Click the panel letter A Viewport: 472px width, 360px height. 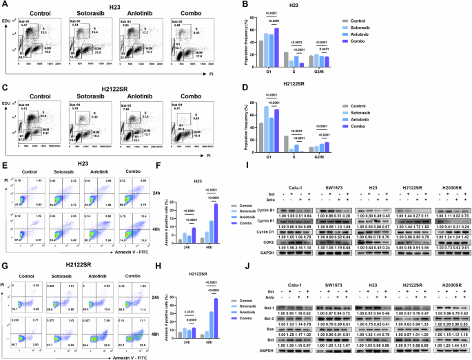[4, 4]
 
